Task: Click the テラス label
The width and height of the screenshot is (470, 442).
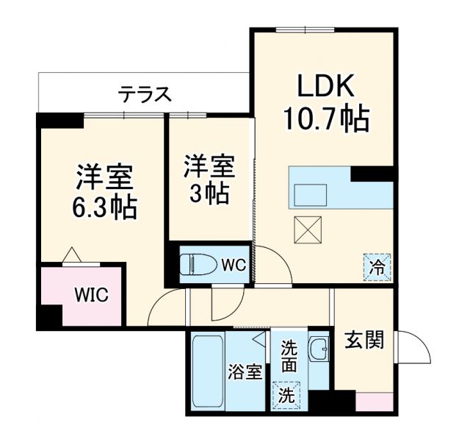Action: [145, 93]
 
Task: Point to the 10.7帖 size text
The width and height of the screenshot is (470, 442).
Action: [326, 119]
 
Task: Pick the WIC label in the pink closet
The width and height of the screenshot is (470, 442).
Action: [91, 296]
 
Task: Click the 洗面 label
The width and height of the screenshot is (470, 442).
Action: [289, 357]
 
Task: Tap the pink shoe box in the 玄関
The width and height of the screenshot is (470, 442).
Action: [375, 403]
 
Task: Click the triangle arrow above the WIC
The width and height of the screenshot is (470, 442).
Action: [71, 254]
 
